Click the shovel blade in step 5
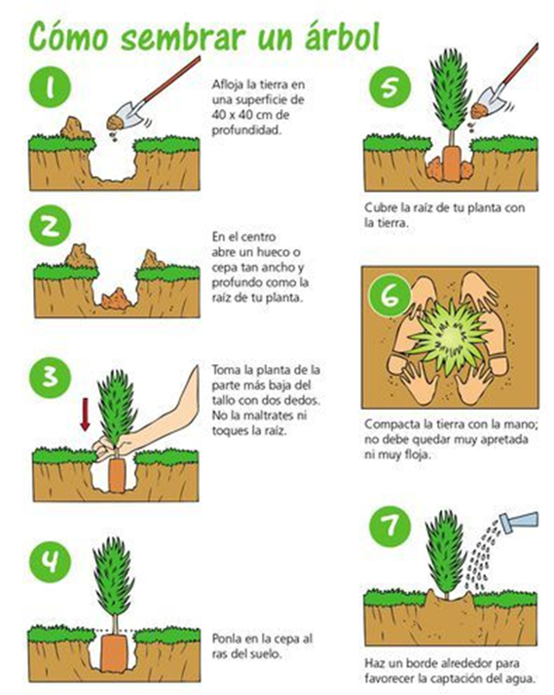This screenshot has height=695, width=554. [x=486, y=105]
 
